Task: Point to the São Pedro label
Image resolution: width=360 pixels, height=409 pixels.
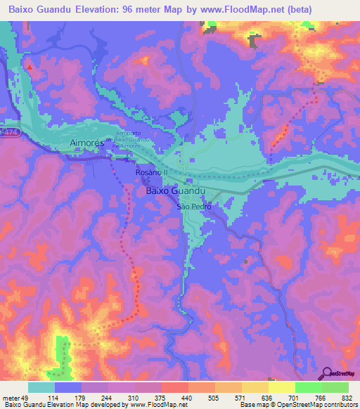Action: [193, 207]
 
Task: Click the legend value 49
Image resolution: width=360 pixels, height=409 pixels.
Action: [30, 398]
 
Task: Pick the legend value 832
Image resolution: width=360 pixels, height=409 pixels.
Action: [348, 398]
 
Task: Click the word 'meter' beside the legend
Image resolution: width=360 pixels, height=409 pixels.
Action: [12, 398]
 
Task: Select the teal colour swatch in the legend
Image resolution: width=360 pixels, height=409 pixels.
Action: [41, 387]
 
